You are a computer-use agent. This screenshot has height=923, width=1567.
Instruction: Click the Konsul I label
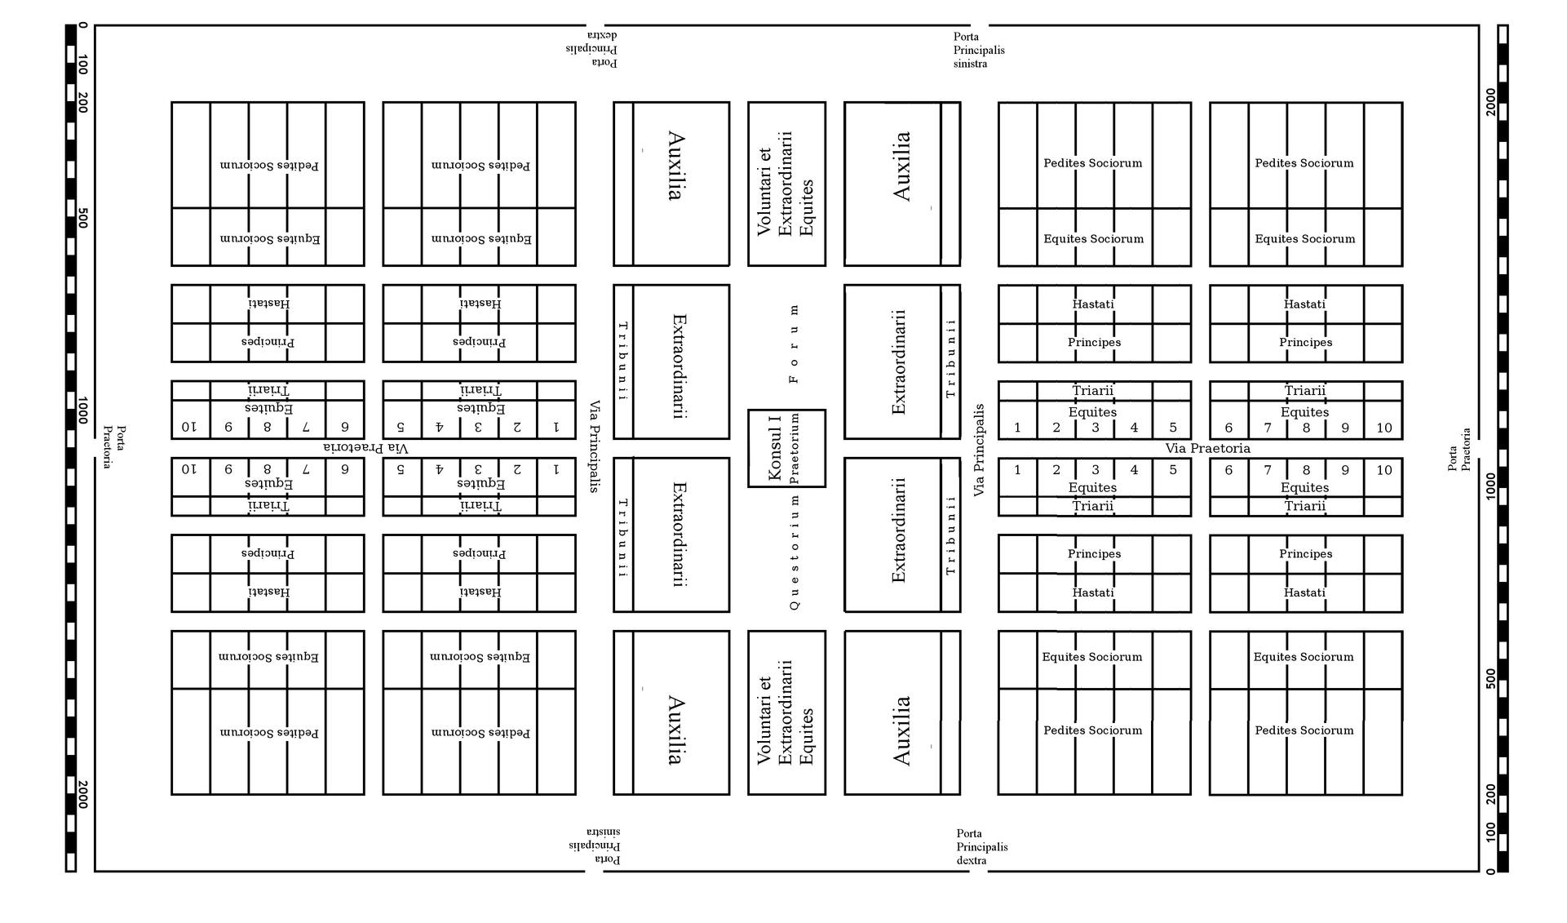pyautogui.click(x=776, y=448)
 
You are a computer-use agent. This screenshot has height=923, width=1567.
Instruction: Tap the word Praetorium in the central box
pyautogui.click(x=795, y=448)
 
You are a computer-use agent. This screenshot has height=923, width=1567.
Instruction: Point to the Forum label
pyautogui.click(x=795, y=344)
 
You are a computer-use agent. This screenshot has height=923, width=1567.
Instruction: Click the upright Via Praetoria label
pyautogui.click(x=1207, y=448)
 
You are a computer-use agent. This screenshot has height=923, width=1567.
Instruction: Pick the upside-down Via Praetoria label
pyautogui.click(x=366, y=447)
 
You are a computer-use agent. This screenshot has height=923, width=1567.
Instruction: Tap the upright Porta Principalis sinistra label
pyautogui.click(x=979, y=50)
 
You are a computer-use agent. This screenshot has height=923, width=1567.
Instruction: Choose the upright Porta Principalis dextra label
pyautogui.click(x=982, y=847)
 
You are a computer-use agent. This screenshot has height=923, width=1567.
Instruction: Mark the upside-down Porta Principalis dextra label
pyautogui.click(x=591, y=49)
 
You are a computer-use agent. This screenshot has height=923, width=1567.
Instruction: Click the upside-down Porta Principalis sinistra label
pyautogui.click(x=595, y=846)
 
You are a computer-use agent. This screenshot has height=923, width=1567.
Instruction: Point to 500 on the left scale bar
pyautogui.click(x=83, y=218)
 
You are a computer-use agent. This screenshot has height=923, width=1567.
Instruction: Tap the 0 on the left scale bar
pyautogui.click(x=83, y=25)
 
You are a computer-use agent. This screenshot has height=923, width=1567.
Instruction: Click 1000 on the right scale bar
pyautogui.click(x=1491, y=486)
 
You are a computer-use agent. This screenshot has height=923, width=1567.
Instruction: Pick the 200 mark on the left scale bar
pyautogui.click(x=83, y=102)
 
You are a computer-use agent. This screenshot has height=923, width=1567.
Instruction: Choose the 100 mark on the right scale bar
pyautogui.click(x=1491, y=832)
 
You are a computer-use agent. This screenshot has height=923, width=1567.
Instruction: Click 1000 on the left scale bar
pyautogui.click(x=83, y=410)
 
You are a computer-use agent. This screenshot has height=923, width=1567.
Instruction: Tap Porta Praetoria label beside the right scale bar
pyautogui.click(x=1459, y=450)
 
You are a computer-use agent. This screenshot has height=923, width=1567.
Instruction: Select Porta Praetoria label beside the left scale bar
pyautogui.click(x=114, y=447)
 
